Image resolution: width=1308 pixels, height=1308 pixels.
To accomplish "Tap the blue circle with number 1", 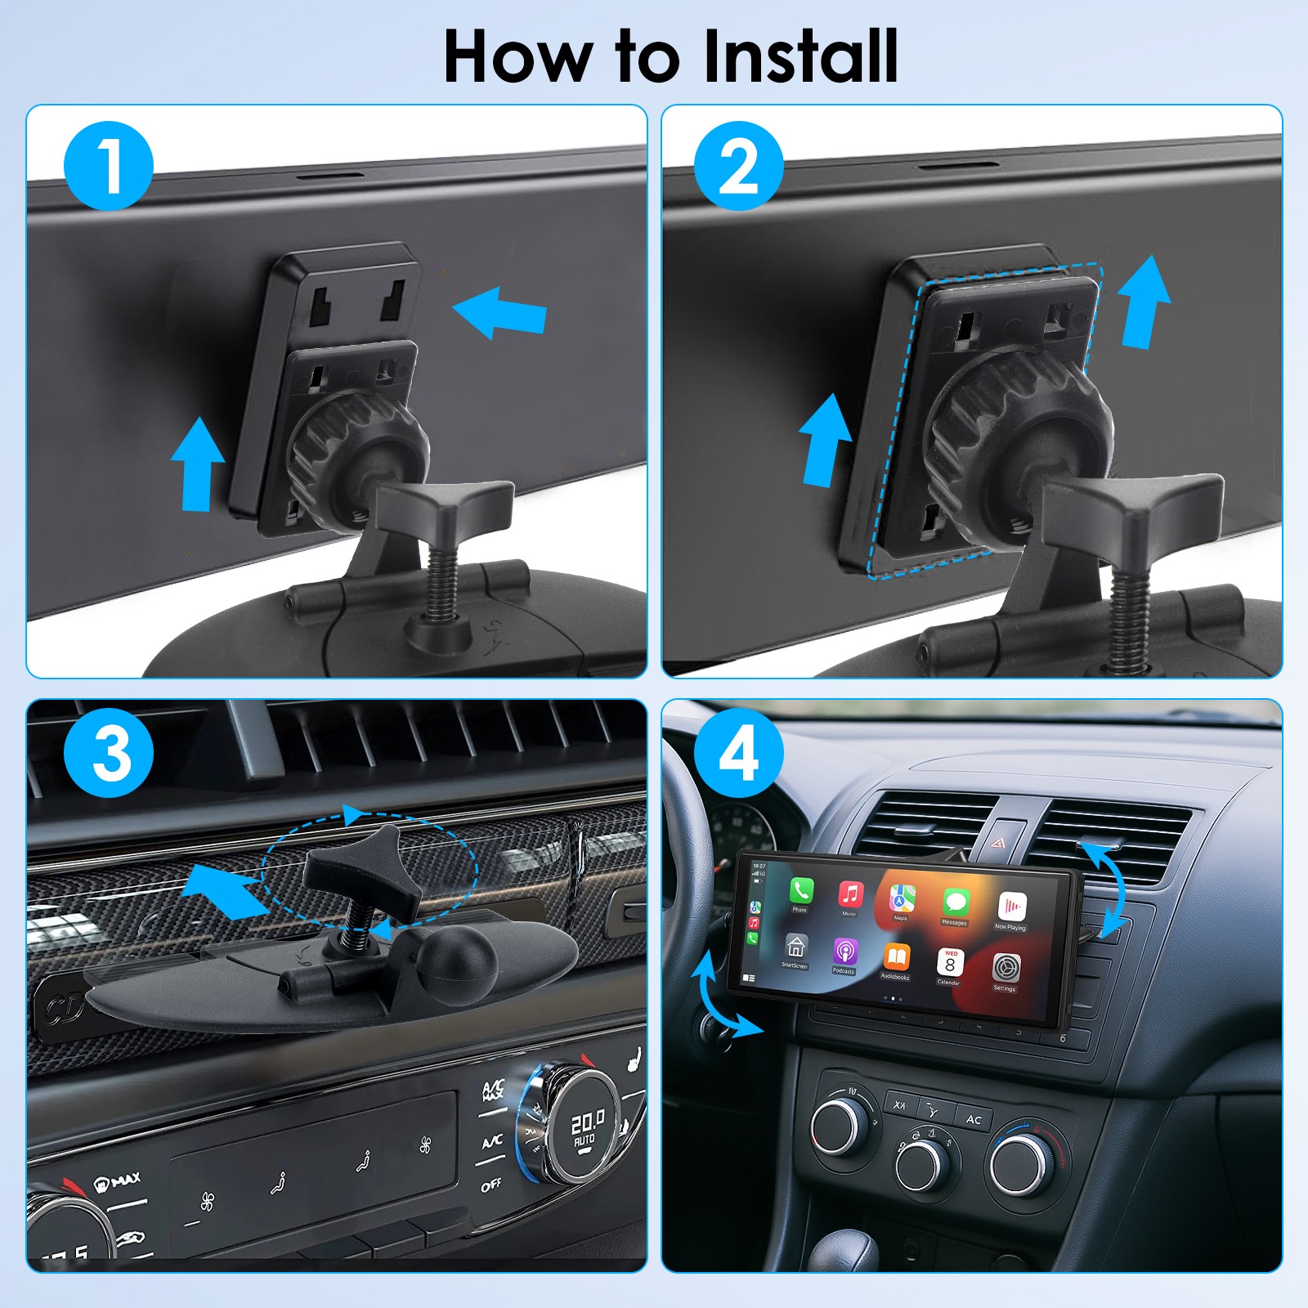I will click(x=108, y=166).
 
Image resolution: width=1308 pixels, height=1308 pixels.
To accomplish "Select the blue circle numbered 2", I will click(x=738, y=166).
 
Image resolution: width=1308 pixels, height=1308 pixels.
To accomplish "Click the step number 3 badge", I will click(x=108, y=753).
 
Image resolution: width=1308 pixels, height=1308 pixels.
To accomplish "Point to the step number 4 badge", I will click(x=738, y=753).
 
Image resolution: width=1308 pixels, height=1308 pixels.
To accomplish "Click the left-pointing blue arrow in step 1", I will click(x=499, y=312).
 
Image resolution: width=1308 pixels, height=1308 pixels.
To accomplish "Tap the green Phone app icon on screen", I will click(x=801, y=890).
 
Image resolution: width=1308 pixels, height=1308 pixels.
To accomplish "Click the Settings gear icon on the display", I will click(x=1006, y=967).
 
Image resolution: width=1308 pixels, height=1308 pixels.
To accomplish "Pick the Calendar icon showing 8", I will click(x=950, y=962).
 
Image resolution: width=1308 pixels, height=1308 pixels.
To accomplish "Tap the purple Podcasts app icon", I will click(x=845, y=952).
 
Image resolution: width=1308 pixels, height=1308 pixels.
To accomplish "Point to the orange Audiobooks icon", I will click(x=897, y=957).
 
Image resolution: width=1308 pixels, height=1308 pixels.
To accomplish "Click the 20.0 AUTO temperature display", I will click(x=587, y=1129).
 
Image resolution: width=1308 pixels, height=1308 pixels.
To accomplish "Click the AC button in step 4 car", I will click(x=974, y=1119).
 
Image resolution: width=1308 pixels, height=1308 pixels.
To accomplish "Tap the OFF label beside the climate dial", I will click(x=490, y=1185).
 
